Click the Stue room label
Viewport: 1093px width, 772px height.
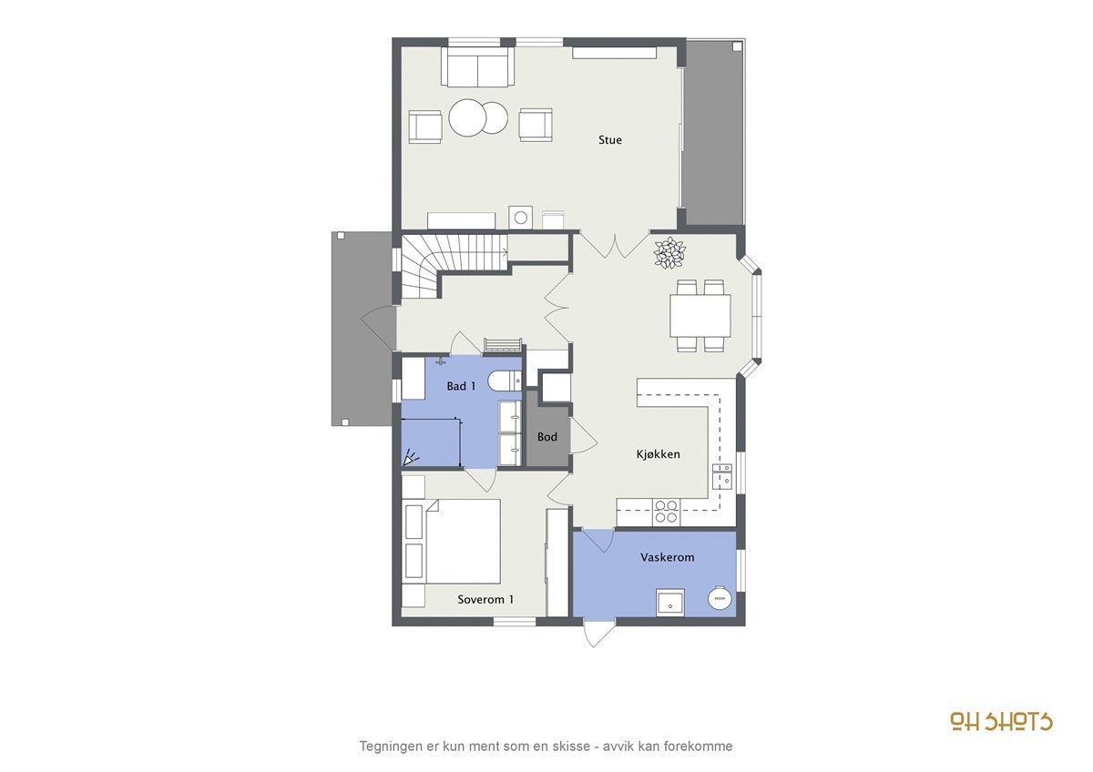pos(610,140)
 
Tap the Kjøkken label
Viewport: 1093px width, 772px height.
pos(658,454)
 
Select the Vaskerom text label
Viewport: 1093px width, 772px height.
pos(668,557)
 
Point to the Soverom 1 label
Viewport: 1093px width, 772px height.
pos(485,599)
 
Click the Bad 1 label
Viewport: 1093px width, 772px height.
pos(462,387)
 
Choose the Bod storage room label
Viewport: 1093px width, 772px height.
pos(547,437)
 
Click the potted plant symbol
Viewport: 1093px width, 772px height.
pos(669,253)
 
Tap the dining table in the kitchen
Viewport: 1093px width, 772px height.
pos(700,316)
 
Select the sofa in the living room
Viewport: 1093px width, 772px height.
pos(477,66)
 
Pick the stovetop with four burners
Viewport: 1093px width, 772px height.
pos(667,512)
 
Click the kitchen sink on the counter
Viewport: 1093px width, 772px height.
pos(722,475)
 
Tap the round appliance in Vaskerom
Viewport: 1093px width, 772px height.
pos(720,599)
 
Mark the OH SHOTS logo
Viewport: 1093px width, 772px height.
pos(1001,721)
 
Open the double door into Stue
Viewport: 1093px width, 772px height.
pos(601,244)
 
